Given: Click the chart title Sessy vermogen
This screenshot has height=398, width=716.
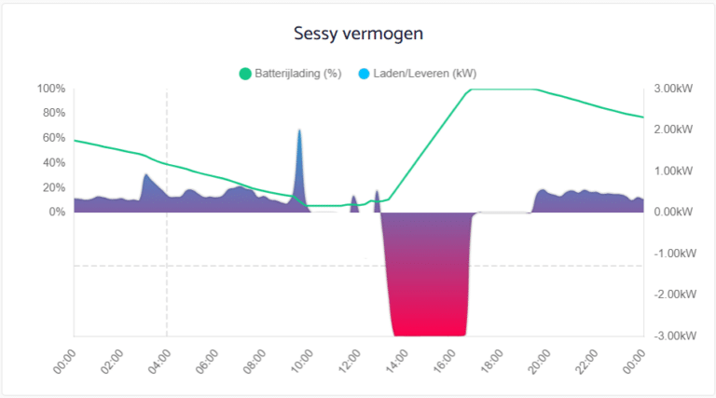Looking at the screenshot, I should pyautogui.click(x=358, y=34).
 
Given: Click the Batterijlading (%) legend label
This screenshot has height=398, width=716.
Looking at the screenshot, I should pyautogui.click(x=297, y=74).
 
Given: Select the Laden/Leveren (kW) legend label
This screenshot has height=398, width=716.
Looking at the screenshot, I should pyautogui.click(x=423, y=74).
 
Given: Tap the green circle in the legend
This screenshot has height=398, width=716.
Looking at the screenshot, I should pyautogui.click(x=246, y=74).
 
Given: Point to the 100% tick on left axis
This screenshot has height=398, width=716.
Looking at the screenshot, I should pyautogui.click(x=51, y=89).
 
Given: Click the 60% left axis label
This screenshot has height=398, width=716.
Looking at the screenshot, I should pyautogui.click(x=54, y=138).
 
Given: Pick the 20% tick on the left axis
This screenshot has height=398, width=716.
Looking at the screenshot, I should pyautogui.click(x=54, y=187).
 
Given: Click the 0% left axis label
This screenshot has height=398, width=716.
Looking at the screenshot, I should pyautogui.click(x=57, y=212).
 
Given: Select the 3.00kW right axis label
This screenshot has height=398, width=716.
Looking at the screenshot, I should pyautogui.click(x=671, y=89).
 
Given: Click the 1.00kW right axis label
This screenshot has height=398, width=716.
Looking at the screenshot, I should pyautogui.click(x=671, y=172).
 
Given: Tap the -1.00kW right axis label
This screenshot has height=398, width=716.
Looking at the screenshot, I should pyautogui.click(x=670, y=254).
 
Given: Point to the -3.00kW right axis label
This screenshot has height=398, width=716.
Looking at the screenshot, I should pyautogui.click(x=670, y=336).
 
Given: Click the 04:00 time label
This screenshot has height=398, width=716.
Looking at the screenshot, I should pyautogui.click(x=158, y=360).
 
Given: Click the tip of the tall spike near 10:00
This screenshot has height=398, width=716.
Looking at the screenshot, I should pyautogui.click(x=299, y=130).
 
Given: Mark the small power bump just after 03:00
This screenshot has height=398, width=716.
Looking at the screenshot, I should pyautogui.click(x=146, y=176).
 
